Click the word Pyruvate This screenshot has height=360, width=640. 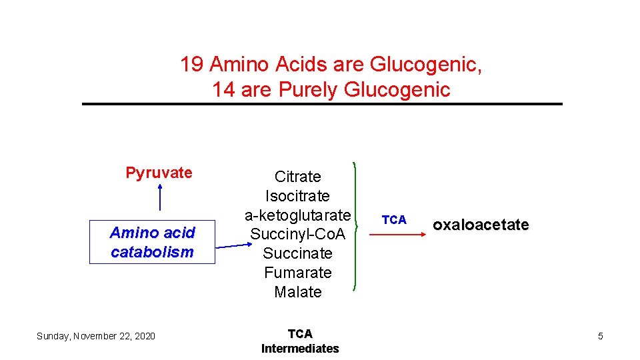point(159,173)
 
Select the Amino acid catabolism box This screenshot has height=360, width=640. point(152,242)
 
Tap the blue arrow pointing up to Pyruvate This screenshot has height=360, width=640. point(159,197)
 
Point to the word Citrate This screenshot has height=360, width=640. point(297,177)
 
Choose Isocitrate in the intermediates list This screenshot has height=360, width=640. point(297,196)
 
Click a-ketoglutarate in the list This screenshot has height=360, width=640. point(297,215)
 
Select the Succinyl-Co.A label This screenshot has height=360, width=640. point(297,235)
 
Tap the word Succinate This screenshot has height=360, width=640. point(297,253)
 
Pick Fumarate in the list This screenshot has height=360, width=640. point(297,273)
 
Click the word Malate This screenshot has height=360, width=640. point(297,292)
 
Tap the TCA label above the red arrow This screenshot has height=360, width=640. point(394,220)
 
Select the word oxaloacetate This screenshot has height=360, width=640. point(481,225)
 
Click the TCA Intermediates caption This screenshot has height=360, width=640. point(300,341)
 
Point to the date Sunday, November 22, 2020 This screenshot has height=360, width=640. point(96,336)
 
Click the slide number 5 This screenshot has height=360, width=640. point(600,336)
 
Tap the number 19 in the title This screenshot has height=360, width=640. point(192,65)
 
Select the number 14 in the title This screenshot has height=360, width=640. point(224,90)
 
